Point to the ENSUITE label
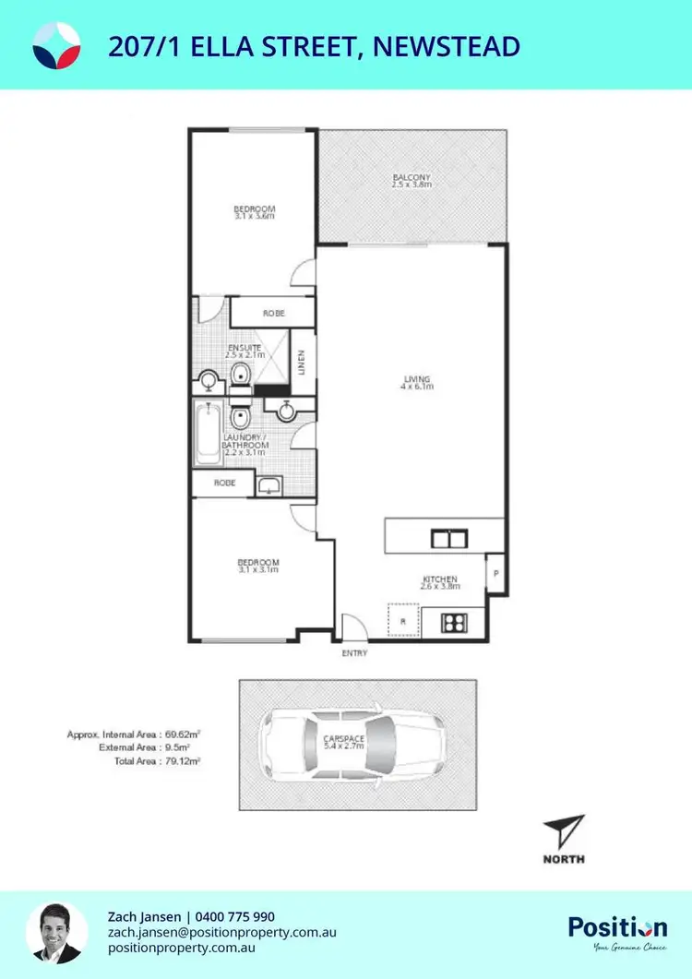click(x=245, y=349)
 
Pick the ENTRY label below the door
click(x=354, y=654)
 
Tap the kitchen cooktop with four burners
click(x=453, y=622)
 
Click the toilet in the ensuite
click(x=241, y=374)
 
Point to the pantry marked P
click(x=495, y=572)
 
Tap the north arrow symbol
click(x=563, y=833)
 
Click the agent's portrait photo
click(x=57, y=933)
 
